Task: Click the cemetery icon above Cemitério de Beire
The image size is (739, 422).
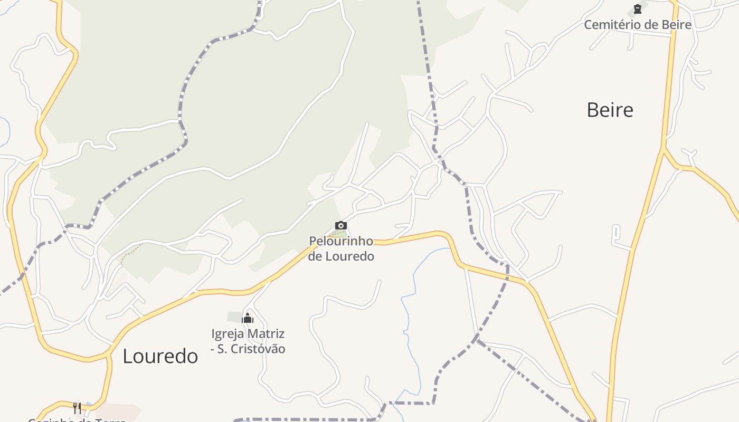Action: tap(638, 9)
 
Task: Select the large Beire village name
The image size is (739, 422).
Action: tap(610, 110)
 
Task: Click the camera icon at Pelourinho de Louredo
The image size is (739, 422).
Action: tap(341, 226)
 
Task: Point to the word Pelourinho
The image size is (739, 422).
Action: tap(341, 241)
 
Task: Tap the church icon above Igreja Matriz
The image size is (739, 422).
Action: tap(248, 318)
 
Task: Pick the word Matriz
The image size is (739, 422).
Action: tap(266, 333)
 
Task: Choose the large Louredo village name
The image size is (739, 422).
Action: tap(160, 356)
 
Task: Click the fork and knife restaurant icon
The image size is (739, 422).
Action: tap(77, 408)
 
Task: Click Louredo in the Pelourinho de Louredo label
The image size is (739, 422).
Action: tap(349, 256)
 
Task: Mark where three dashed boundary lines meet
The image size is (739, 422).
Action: tap(477, 339)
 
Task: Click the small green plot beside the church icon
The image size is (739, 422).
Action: tap(234, 317)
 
